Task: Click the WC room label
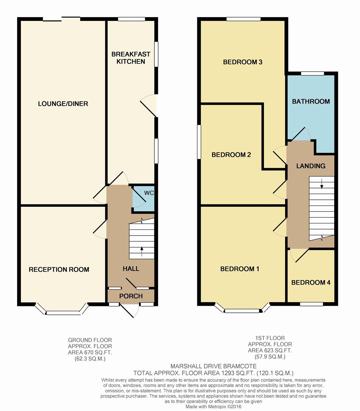149,193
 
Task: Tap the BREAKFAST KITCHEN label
131,58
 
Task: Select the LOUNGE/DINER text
63,104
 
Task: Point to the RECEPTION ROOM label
59,269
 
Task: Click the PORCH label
131,296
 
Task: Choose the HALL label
131,268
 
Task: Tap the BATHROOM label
311,102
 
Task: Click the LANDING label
311,166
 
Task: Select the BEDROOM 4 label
311,282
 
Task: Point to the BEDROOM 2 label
231,155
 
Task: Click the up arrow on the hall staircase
142,252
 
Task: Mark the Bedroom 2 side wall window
199,142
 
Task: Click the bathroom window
312,74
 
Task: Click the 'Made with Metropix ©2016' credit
213,407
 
